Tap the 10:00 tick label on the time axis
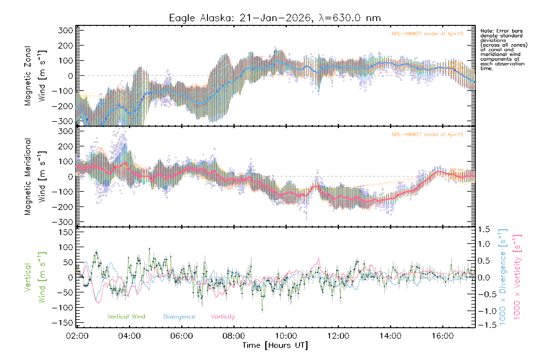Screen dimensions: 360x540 [286, 336]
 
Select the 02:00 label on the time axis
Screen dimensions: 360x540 [77, 336]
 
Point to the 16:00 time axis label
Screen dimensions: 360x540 [442, 336]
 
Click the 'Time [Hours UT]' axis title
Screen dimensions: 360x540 [275, 345]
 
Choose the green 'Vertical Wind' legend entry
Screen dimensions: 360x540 [126, 316]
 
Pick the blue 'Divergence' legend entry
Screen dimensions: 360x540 [179, 316]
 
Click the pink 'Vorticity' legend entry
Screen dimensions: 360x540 [223, 316]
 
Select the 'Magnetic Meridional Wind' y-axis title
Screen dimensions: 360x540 [35, 177]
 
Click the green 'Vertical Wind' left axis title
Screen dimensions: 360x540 [35, 277]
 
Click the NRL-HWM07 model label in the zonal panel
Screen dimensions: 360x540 [427, 34]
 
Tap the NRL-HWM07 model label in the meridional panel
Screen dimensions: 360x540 [427, 134]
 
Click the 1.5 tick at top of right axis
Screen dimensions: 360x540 [484, 229]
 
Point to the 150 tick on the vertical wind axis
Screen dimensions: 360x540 [66, 232]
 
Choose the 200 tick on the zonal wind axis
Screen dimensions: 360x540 [66, 46]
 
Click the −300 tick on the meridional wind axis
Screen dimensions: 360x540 [62, 222]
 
